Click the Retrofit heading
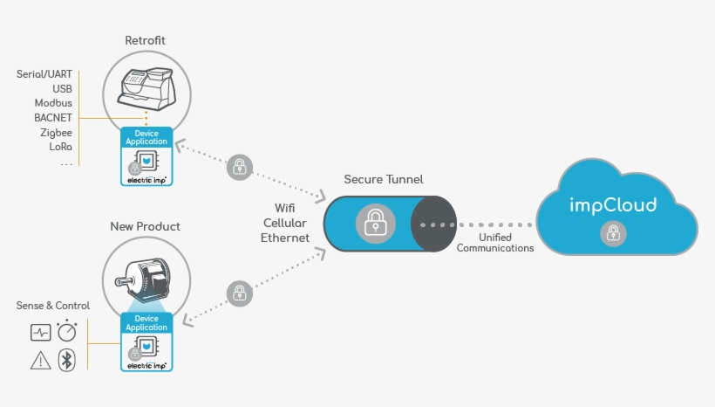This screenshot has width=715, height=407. point(145,40)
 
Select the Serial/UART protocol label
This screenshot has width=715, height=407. point(44,74)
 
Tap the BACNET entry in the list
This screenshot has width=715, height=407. point(53,117)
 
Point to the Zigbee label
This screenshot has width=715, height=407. point(56,132)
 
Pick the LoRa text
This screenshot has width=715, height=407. point(60,146)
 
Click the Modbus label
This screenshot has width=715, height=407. point(53,103)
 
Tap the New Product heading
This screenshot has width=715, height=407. point(145,227)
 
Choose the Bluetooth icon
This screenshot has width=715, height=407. point(67,360)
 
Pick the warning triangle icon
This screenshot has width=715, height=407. point(40,360)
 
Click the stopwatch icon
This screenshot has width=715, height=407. point(67,332)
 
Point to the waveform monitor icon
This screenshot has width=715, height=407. point(40,333)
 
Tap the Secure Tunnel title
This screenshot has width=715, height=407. point(384,179)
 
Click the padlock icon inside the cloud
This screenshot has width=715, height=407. point(613,233)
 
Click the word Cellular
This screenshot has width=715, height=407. point(285,224)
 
